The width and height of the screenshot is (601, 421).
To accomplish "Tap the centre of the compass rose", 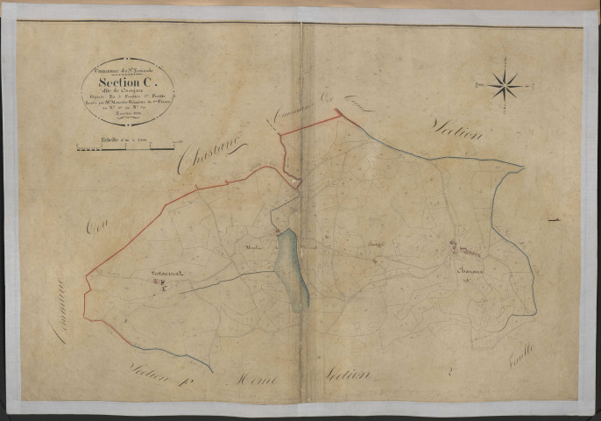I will pyautogui.click(x=506, y=85).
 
